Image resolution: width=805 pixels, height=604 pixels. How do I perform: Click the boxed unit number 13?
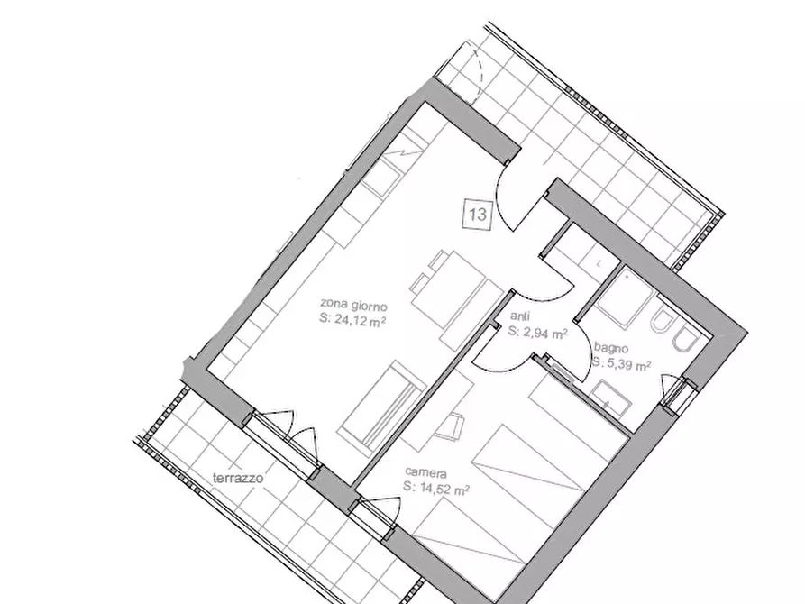(x=478, y=214)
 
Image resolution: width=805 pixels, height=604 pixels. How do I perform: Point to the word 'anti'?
(x=520, y=316)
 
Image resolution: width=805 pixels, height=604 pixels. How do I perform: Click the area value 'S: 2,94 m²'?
(x=538, y=333)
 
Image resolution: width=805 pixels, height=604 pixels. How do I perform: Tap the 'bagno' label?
(x=611, y=348)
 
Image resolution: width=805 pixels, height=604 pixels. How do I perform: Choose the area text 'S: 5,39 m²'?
(x=621, y=364)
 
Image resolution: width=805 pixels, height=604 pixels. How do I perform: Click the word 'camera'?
(x=425, y=473)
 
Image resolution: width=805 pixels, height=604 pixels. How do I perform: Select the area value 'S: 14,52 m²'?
(x=436, y=489)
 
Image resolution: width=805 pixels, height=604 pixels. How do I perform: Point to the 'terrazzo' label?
(x=238, y=478)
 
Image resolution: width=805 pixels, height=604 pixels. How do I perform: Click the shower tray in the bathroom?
(x=625, y=298)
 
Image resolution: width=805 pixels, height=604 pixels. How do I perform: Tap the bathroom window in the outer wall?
(x=678, y=395)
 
